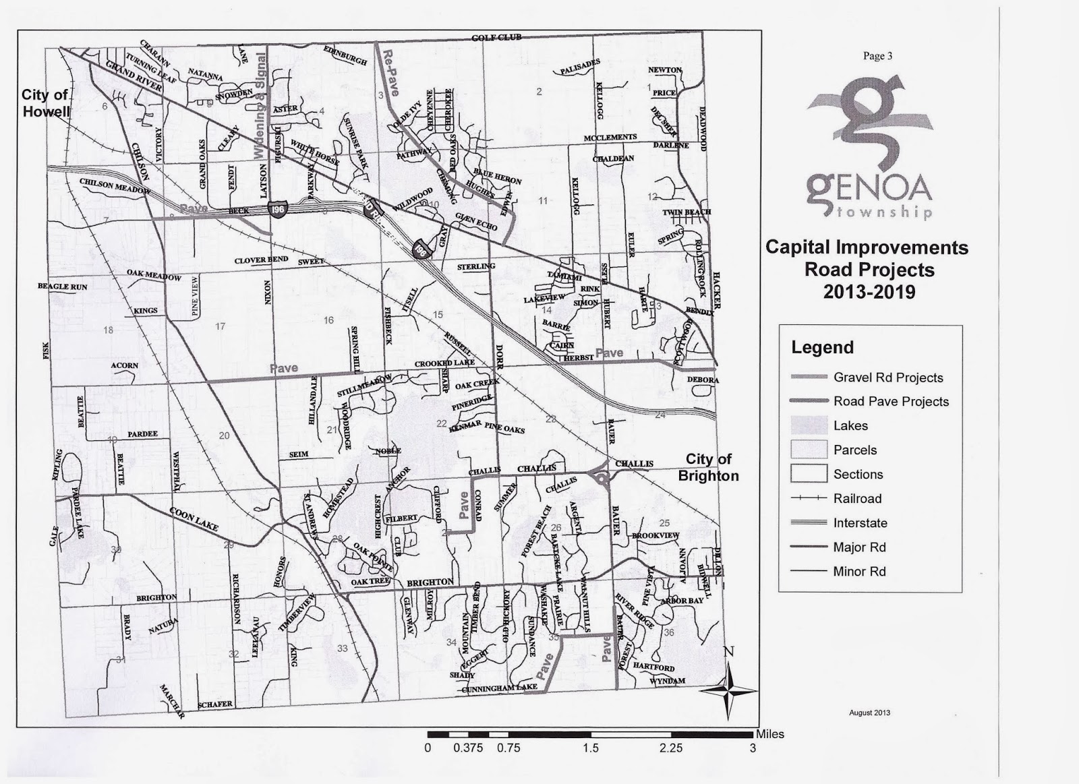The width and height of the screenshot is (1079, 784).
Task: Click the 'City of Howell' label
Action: coord(45,103)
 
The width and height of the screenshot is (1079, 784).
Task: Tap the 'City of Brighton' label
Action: coord(708,467)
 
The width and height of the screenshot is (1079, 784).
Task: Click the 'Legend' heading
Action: coord(822,347)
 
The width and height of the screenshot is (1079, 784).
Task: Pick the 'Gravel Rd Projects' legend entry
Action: coord(887,378)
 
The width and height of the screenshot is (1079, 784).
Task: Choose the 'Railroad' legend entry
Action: coord(857,499)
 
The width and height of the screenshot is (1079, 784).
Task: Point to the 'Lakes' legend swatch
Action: coord(809,425)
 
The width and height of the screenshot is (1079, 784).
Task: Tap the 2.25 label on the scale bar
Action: coord(671,748)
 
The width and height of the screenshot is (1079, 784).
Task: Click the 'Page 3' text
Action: coord(877,56)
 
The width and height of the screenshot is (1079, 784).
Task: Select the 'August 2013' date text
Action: coord(870,713)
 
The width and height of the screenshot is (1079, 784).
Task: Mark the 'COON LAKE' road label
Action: coord(194,518)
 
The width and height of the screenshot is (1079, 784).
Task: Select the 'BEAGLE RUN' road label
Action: coord(62,287)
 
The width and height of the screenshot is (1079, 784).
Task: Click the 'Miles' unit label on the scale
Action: coord(769,734)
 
